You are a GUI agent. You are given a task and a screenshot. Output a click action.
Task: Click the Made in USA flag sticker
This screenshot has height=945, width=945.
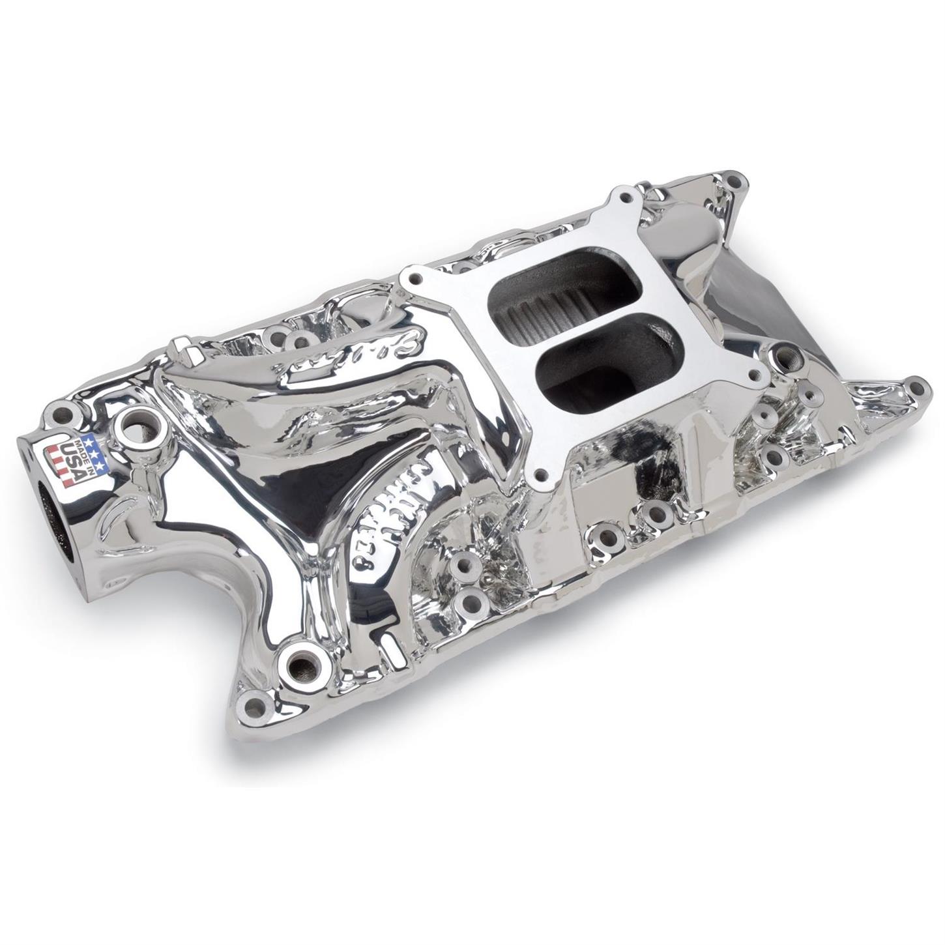(74, 459)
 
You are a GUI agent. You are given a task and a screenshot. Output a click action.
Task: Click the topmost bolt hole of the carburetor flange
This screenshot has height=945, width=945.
(625, 197)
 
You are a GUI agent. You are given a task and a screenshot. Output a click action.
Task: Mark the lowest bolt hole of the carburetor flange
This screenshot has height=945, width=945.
(539, 474)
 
